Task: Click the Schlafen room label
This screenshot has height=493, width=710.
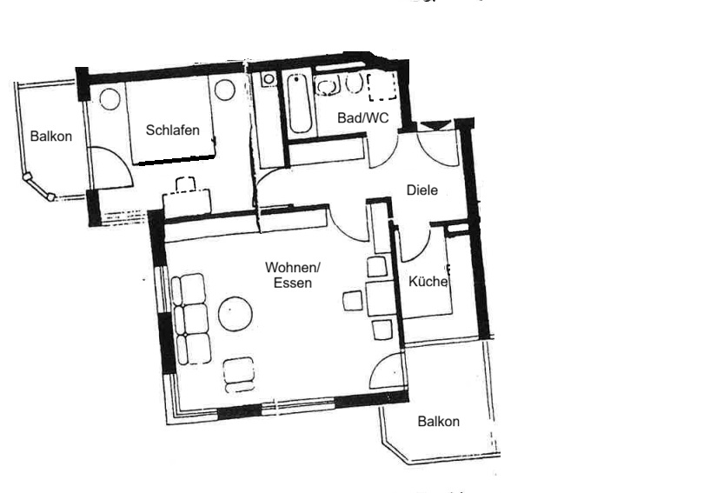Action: (173, 130)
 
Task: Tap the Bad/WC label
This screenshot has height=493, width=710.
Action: (363, 117)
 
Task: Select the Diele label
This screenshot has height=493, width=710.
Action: (422, 190)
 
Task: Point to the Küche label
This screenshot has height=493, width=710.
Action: (428, 282)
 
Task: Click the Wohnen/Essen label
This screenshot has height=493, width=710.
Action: (293, 275)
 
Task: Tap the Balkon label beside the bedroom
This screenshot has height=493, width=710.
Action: (50, 136)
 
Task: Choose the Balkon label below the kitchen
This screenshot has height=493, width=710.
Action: (438, 422)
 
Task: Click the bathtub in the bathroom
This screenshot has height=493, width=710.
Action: (300, 103)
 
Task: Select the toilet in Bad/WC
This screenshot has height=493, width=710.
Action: (354, 83)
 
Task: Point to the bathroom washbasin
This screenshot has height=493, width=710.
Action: (328, 85)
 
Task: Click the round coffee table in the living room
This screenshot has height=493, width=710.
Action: (236, 314)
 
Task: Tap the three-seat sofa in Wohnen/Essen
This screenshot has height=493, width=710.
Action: (190, 318)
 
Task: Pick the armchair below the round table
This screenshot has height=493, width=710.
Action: (239, 375)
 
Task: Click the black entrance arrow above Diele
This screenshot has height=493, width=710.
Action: (435, 125)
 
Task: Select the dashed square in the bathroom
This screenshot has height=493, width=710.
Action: (382, 86)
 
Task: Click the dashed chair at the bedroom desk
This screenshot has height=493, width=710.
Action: (186, 184)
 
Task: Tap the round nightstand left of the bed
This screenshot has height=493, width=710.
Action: (109, 99)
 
